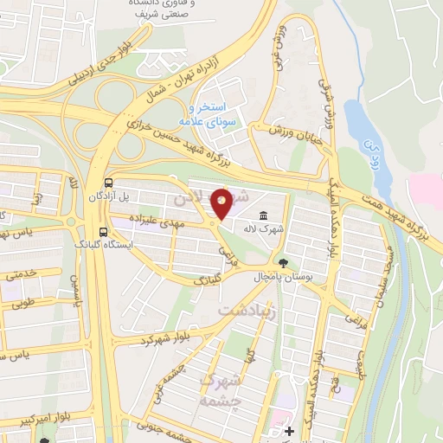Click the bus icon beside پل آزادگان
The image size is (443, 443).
point(108,183)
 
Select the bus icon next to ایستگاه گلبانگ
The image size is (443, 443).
point(104,232)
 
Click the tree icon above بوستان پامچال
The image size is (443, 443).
point(283,261)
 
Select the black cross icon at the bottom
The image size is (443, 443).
point(290,430)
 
